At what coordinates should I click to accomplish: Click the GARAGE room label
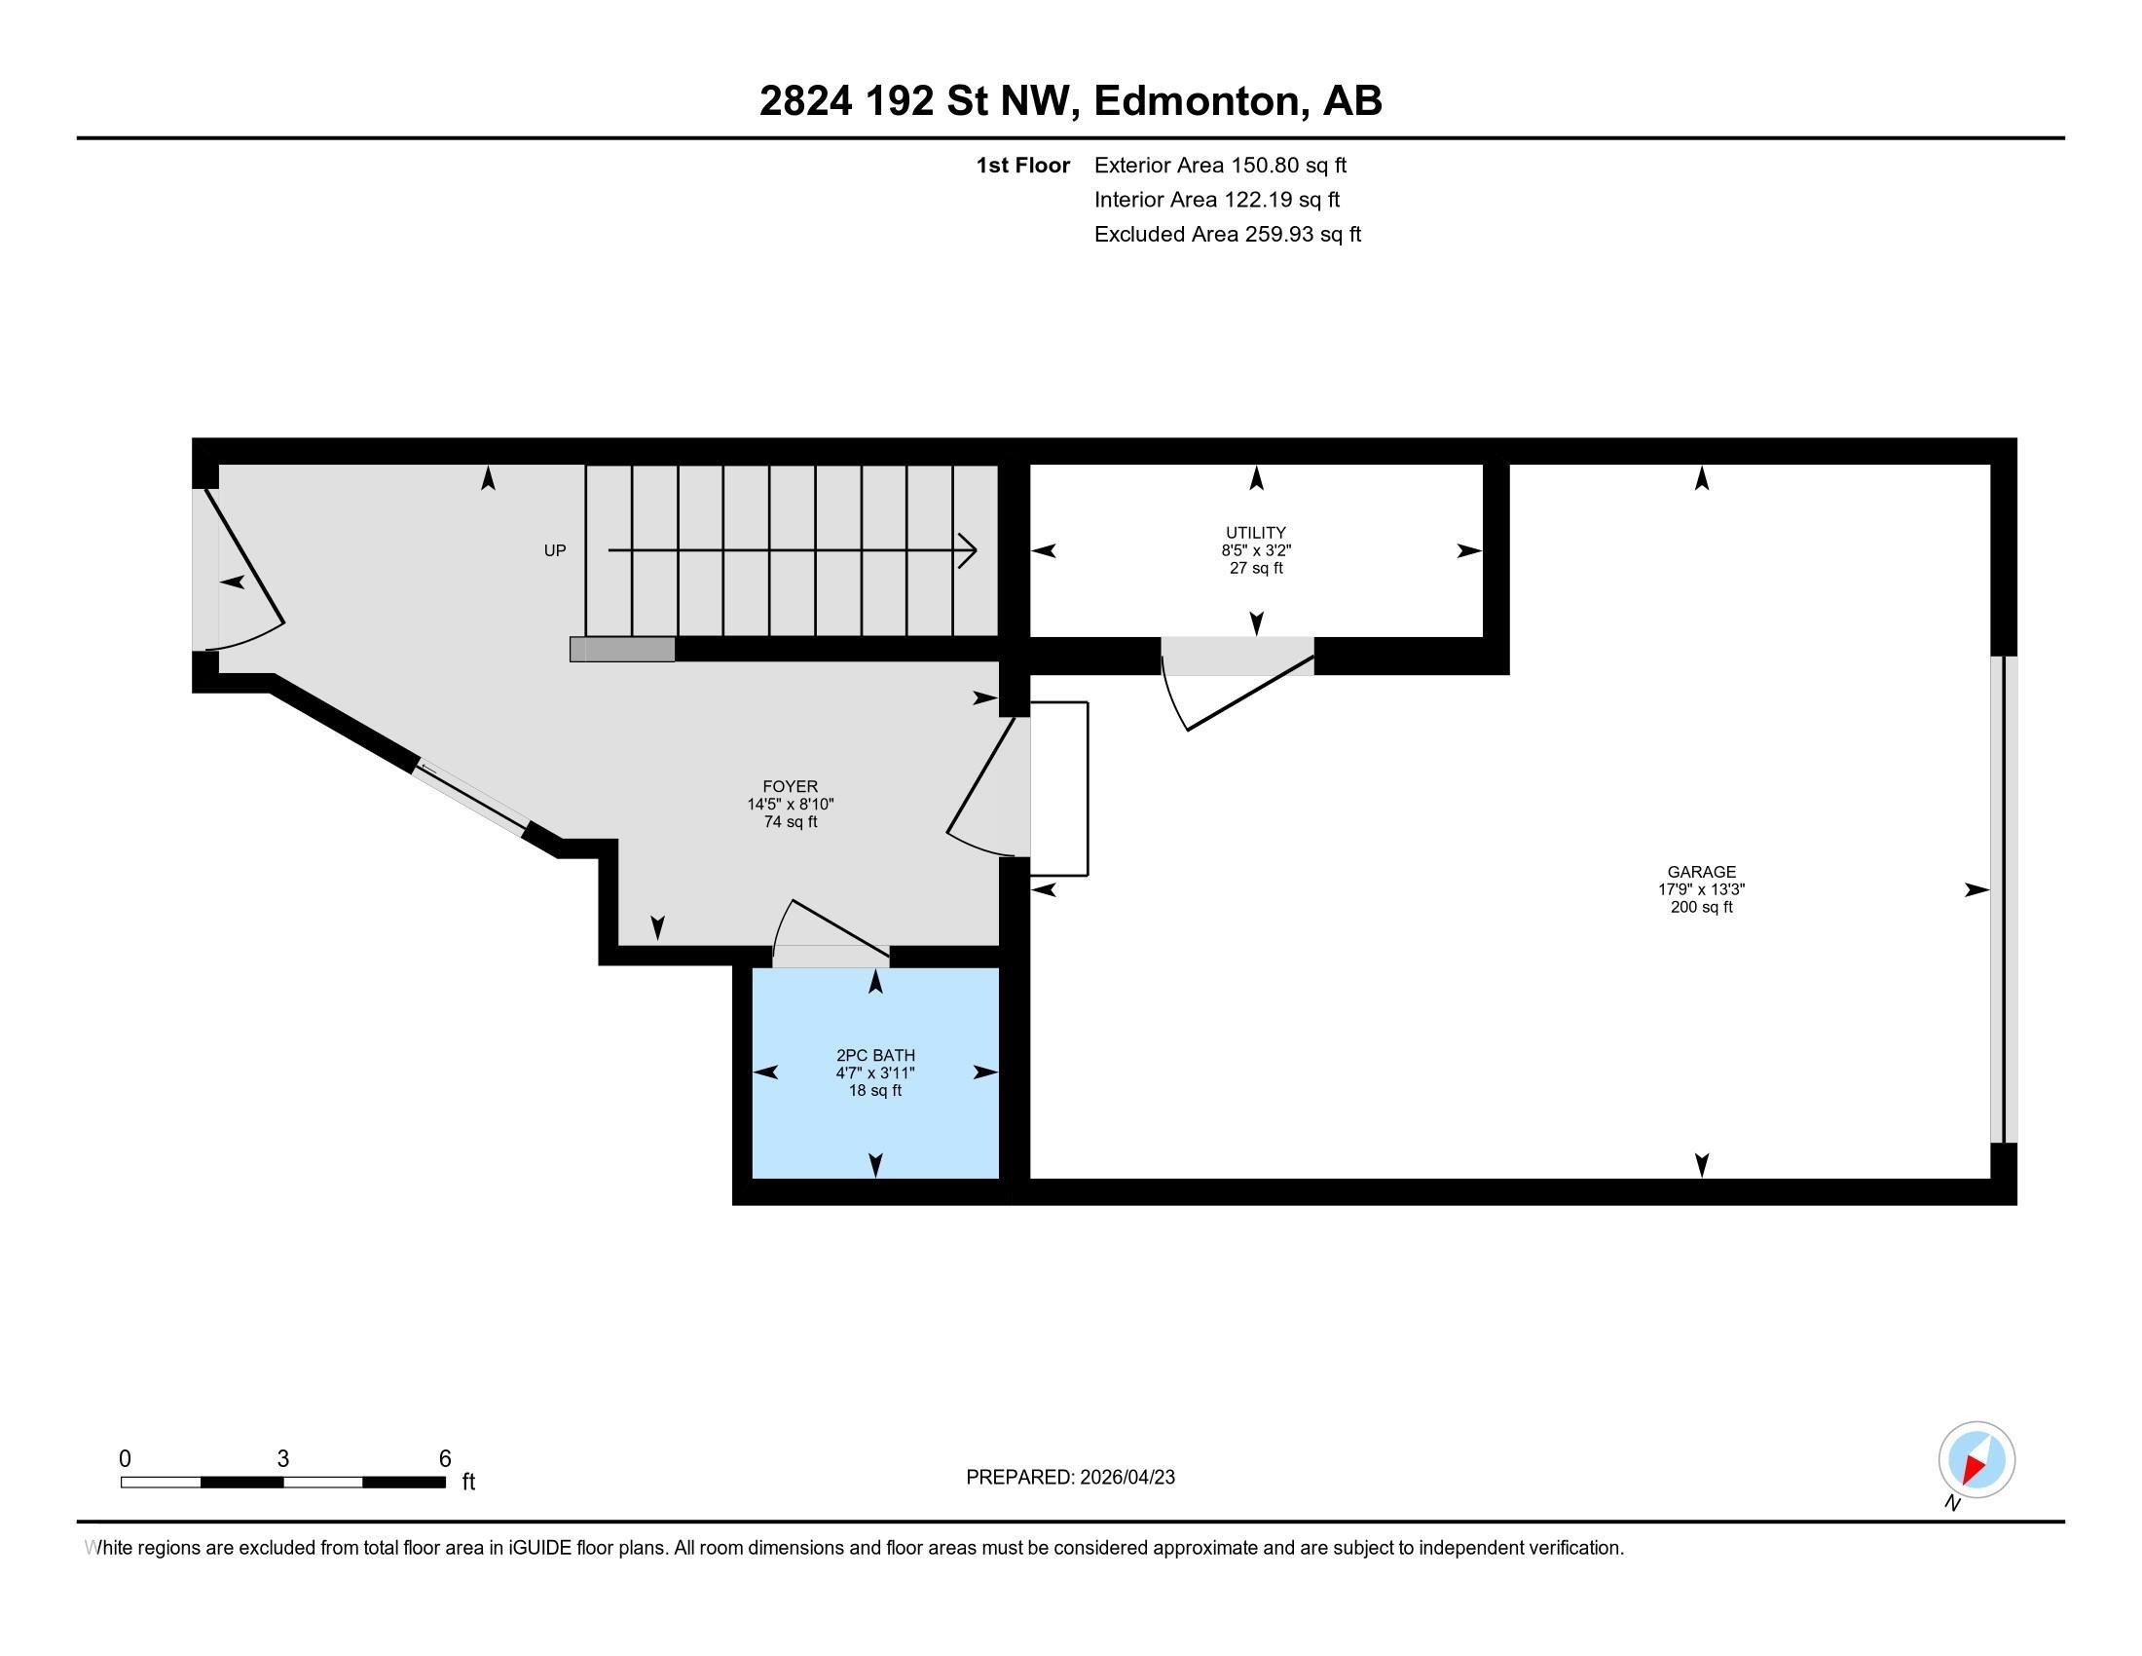(x=1701, y=871)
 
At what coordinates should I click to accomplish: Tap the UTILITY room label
(x=1255, y=533)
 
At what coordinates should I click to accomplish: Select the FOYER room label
(x=790, y=786)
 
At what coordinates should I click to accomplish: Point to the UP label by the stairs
(x=554, y=550)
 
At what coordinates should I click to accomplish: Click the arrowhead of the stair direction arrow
(x=969, y=550)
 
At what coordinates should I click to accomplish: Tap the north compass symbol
(x=1976, y=1459)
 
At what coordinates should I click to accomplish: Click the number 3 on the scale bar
(x=282, y=1458)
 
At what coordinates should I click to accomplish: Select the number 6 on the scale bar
(x=444, y=1458)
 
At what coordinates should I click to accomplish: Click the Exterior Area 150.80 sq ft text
(x=1220, y=165)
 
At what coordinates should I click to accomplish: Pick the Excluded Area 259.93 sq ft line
(x=1227, y=234)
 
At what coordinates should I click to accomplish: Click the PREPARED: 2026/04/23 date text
(x=1070, y=1477)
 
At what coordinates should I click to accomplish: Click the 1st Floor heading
(x=1022, y=165)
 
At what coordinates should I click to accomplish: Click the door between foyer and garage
(x=985, y=785)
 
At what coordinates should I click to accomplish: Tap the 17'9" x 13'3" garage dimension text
(x=1701, y=888)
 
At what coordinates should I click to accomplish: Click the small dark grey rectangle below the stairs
(x=623, y=649)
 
